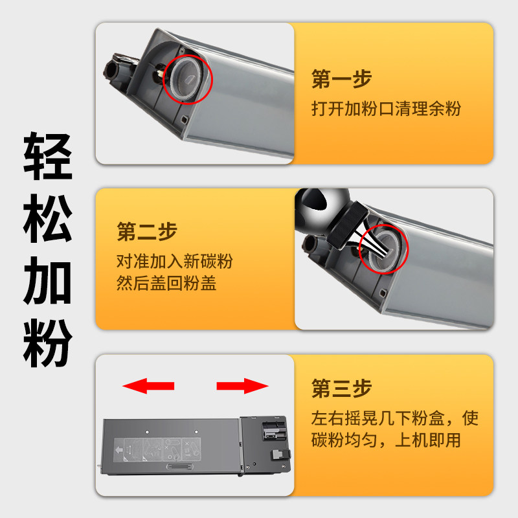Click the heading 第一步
[342, 79]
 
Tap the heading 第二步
[147, 232]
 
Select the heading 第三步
[342, 388]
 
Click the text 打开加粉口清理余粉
[386, 109]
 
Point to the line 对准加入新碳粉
[175, 261]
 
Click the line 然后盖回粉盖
[166, 283]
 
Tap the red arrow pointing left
[148, 386]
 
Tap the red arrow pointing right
[242, 386]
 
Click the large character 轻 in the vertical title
[48, 156]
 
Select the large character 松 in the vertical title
[48, 218]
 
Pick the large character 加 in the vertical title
[48, 280]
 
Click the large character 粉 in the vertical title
[48, 343]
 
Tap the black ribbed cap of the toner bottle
[347, 225]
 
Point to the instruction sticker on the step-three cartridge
[157, 449]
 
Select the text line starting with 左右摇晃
[395, 418]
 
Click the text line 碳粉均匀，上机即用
[386, 440]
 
